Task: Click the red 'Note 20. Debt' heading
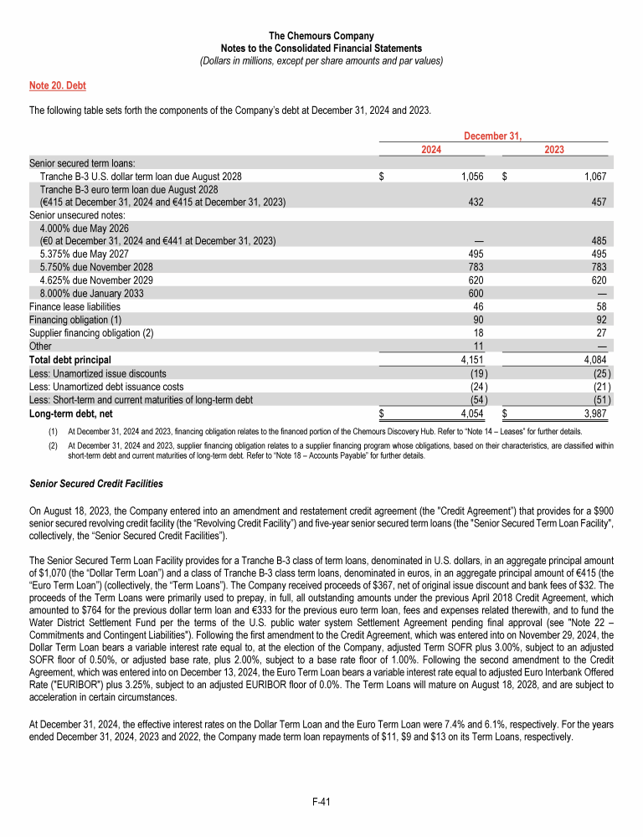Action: (58, 85)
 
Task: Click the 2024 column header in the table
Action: (431, 149)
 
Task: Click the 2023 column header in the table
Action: (554, 149)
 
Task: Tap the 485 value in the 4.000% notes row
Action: (597, 241)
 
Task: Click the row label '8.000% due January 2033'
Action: (91, 293)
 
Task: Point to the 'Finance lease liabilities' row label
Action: (75, 306)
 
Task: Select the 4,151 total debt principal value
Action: (475, 360)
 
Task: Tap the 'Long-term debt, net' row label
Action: (71, 413)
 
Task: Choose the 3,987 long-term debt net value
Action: (594, 413)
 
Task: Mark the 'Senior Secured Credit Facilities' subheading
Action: (96, 484)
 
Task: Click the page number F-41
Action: (321, 802)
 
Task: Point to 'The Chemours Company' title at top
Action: (321, 36)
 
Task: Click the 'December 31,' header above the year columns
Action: (493, 136)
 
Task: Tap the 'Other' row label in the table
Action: (40, 347)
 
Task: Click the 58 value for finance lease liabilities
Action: (600, 306)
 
